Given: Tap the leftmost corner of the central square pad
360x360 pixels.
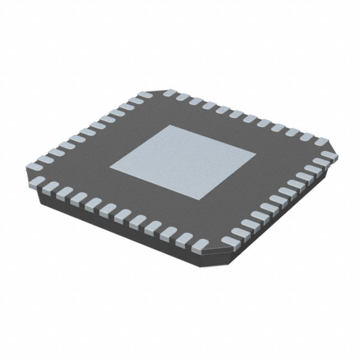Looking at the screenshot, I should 110,166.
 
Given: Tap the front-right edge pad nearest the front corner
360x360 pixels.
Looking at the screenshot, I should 232,240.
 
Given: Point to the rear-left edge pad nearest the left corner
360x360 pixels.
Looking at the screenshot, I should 37,167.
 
